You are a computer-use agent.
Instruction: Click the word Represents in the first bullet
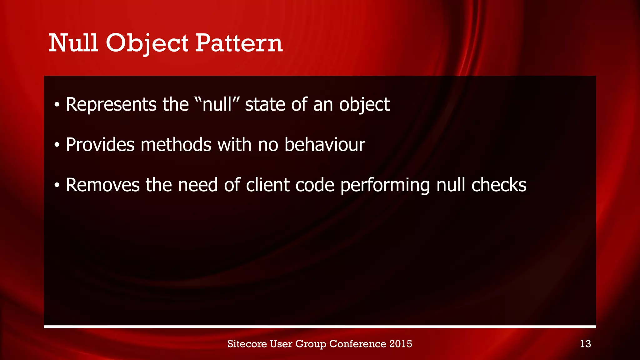coord(111,104)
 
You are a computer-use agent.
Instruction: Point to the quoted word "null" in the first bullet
coord(217,104)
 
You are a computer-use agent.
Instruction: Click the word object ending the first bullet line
coord(364,105)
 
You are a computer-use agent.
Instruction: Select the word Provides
coord(100,145)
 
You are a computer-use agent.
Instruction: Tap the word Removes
coord(102,185)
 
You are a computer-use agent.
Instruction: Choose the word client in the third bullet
coord(267,185)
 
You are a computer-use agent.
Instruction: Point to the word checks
coord(499,185)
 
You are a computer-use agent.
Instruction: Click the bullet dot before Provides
coord(57,145)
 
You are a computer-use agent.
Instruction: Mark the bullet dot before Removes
coord(57,186)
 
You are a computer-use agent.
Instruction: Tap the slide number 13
coord(585,344)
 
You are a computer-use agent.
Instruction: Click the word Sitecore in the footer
coord(247,344)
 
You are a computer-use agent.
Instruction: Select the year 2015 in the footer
coord(401,344)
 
